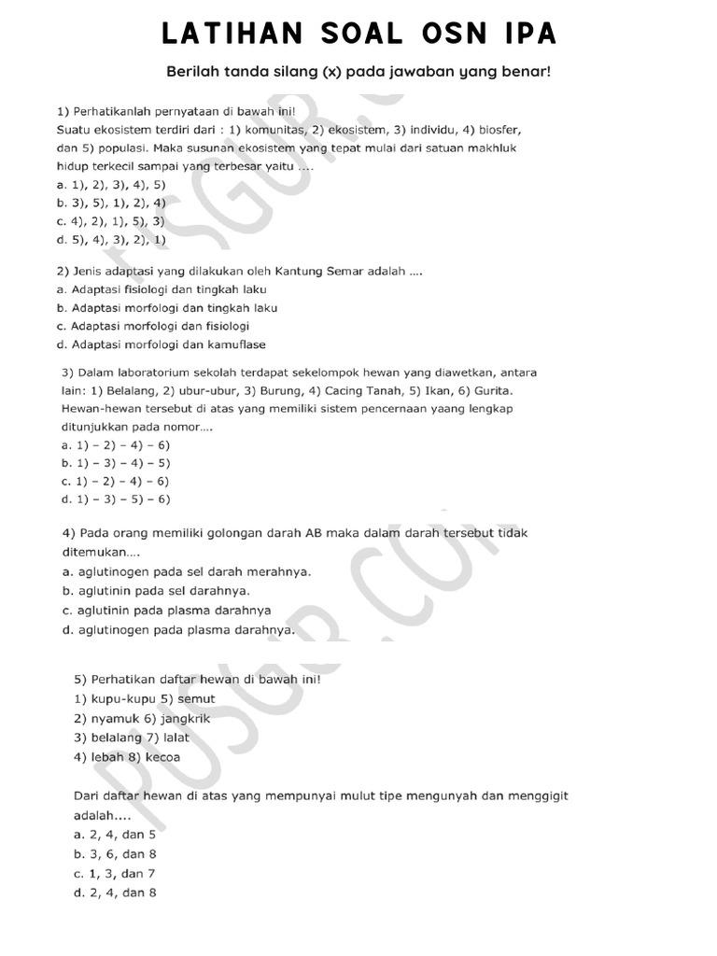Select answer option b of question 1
coord(111,203)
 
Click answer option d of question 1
coord(111,239)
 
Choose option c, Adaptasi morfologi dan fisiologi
coord(153,326)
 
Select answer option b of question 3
coord(115,463)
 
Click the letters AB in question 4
coord(315,534)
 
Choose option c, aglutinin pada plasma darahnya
coord(166,611)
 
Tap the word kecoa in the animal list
coord(163,757)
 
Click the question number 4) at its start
coord(69,534)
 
